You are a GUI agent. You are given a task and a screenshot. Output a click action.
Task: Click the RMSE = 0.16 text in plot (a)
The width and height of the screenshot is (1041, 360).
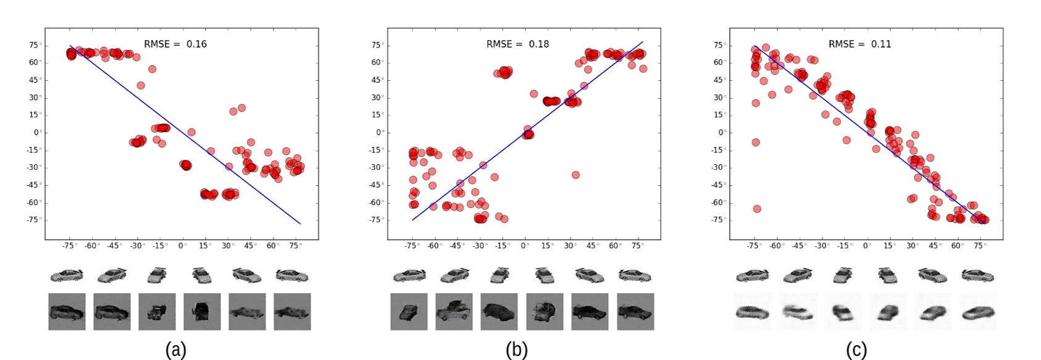pyautogui.click(x=175, y=44)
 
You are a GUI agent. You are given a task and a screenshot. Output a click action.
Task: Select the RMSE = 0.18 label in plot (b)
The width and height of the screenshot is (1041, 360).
pyautogui.click(x=517, y=44)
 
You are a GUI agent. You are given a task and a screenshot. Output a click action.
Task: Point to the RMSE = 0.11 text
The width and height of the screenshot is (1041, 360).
pyautogui.click(x=859, y=44)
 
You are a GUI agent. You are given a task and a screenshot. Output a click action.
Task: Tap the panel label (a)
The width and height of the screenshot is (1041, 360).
pyautogui.click(x=175, y=350)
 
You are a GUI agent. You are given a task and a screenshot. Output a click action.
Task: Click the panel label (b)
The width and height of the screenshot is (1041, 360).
pyautogui.click(x=517, y=350)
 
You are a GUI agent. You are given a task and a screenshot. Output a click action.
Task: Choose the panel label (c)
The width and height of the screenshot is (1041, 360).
pyautogui.click(x=856, y=350)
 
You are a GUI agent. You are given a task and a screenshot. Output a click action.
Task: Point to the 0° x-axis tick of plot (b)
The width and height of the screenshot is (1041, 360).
pyautogui.click(x=525, y=246)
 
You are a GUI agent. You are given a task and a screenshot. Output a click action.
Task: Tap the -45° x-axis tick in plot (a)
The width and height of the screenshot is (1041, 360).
pyautogui.click(x=114, y=246)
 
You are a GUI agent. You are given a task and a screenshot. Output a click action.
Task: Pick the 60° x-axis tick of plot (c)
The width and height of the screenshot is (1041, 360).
pyautogui.click(x=957, y=246)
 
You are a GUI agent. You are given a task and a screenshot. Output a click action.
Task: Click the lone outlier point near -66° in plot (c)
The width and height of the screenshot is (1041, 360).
pyautogui.click(x=757, y=209)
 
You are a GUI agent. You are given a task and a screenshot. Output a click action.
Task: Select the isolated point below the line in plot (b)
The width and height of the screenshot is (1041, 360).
pyautogui.click(x=575, y=175)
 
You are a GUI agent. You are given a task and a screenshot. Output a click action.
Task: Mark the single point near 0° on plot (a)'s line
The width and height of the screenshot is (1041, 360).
pyautogui.click(x=191, y=132)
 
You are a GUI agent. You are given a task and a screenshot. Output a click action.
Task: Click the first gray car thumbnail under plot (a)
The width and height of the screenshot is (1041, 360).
pyautogui.click(x=67, y=275)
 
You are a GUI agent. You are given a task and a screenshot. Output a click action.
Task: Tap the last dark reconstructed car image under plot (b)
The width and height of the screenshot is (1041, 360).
pyautogui.click(x=635, y=312)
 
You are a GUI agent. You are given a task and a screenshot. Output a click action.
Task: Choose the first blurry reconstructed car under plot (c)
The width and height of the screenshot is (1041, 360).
pyautogui.click(x=752, y=312)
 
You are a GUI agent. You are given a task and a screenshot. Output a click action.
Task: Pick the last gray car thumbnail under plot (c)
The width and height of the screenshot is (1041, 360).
pyautogui.click(x=978, y=275)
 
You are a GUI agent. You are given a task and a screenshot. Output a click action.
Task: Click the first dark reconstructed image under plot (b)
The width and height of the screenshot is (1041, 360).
pyautogui.click(x=409, y=312)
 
